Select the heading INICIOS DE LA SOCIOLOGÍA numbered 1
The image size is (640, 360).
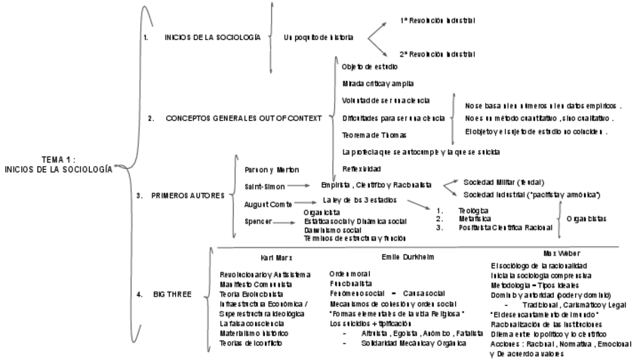coord(213,36)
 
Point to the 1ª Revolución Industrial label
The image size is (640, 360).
coord(437,20)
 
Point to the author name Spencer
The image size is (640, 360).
coord(260,222)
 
